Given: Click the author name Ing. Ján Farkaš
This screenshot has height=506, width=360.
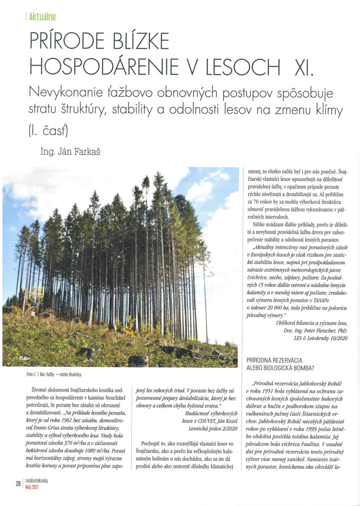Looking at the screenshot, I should point(70,151).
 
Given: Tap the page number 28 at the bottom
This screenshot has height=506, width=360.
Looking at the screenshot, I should point(18,484).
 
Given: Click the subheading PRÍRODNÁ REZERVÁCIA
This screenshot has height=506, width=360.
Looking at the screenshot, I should point(278,360).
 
